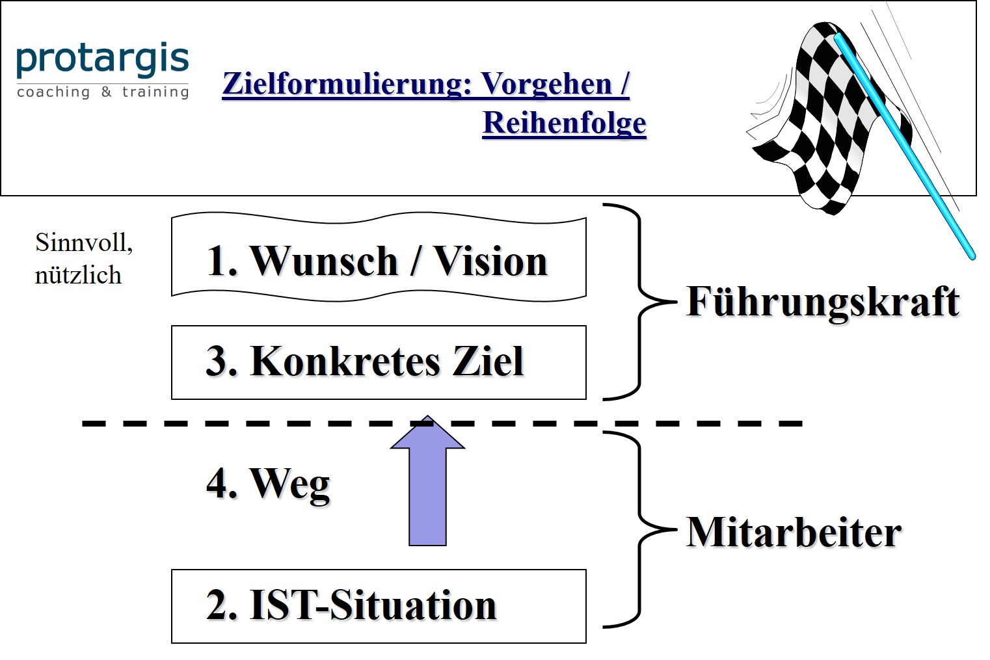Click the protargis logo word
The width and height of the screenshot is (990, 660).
coord(102,60)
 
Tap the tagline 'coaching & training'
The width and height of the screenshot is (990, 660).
coord(103,92)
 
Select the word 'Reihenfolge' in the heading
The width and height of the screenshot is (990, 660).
coord(564,123)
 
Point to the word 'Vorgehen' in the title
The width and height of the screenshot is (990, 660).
coord(547,84)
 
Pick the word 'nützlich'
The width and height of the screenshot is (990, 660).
coord(78,275)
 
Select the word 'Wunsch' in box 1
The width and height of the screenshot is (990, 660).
coord(323,261)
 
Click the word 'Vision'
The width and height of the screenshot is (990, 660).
coord(490,261)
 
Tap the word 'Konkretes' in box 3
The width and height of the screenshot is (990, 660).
coord(345,362)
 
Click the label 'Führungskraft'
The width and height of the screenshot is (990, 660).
coord(823,302)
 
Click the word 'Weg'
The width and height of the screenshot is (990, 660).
coord(290,484)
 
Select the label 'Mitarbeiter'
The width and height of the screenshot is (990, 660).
coord(794,533)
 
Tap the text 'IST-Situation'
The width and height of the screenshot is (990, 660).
coord(373,605)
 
